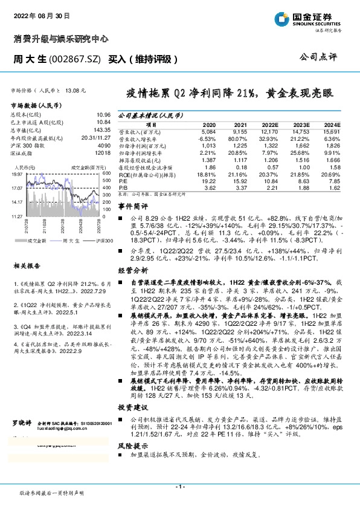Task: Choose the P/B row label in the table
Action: (x=123, y=187)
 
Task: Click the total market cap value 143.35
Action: (x=100, y=130)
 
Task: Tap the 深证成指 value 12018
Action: (x=102, y=152)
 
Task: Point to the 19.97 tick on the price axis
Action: (x=18, y=173)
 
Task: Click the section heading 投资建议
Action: (x=133, y=423)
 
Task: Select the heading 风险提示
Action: (x=133, y=461)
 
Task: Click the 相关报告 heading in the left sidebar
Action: (x=26, y=249)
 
